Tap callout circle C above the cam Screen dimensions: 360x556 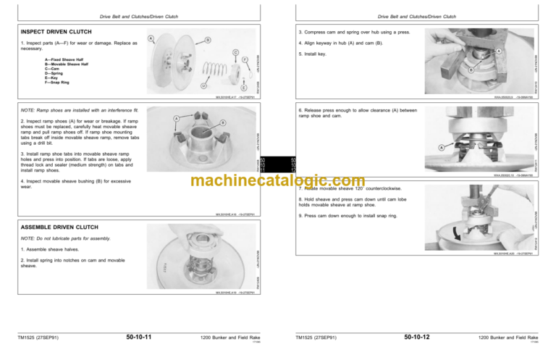click(236, 52)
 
